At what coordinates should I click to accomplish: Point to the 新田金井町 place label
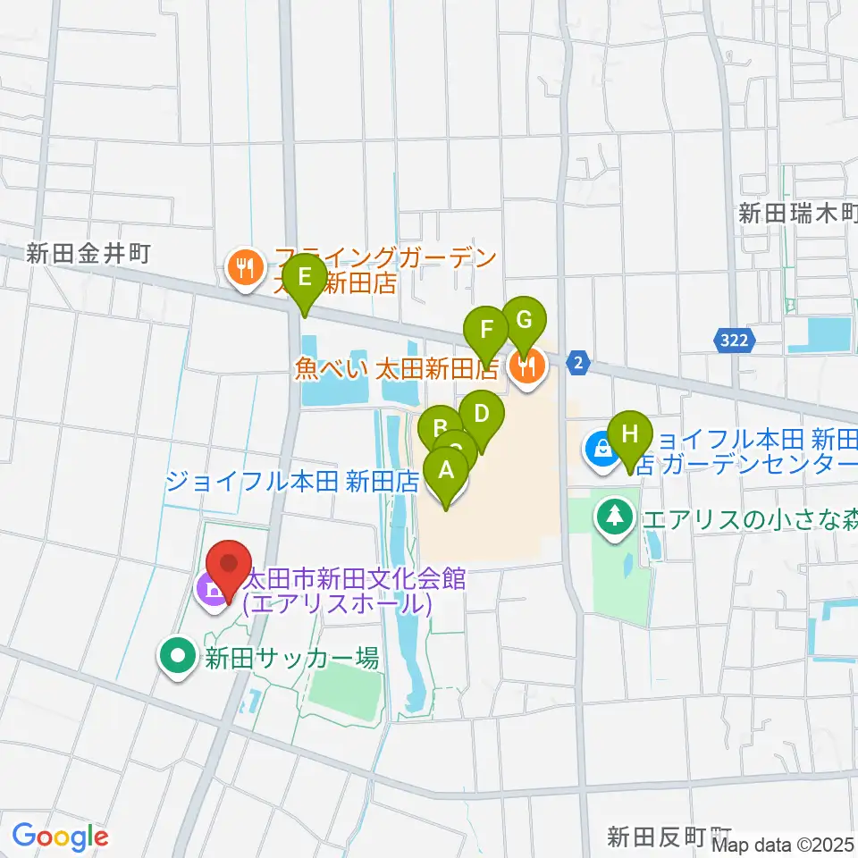coord(88,254)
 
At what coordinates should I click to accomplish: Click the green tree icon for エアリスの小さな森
coord(614,516)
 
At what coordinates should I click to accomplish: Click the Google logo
coord(60,837)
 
